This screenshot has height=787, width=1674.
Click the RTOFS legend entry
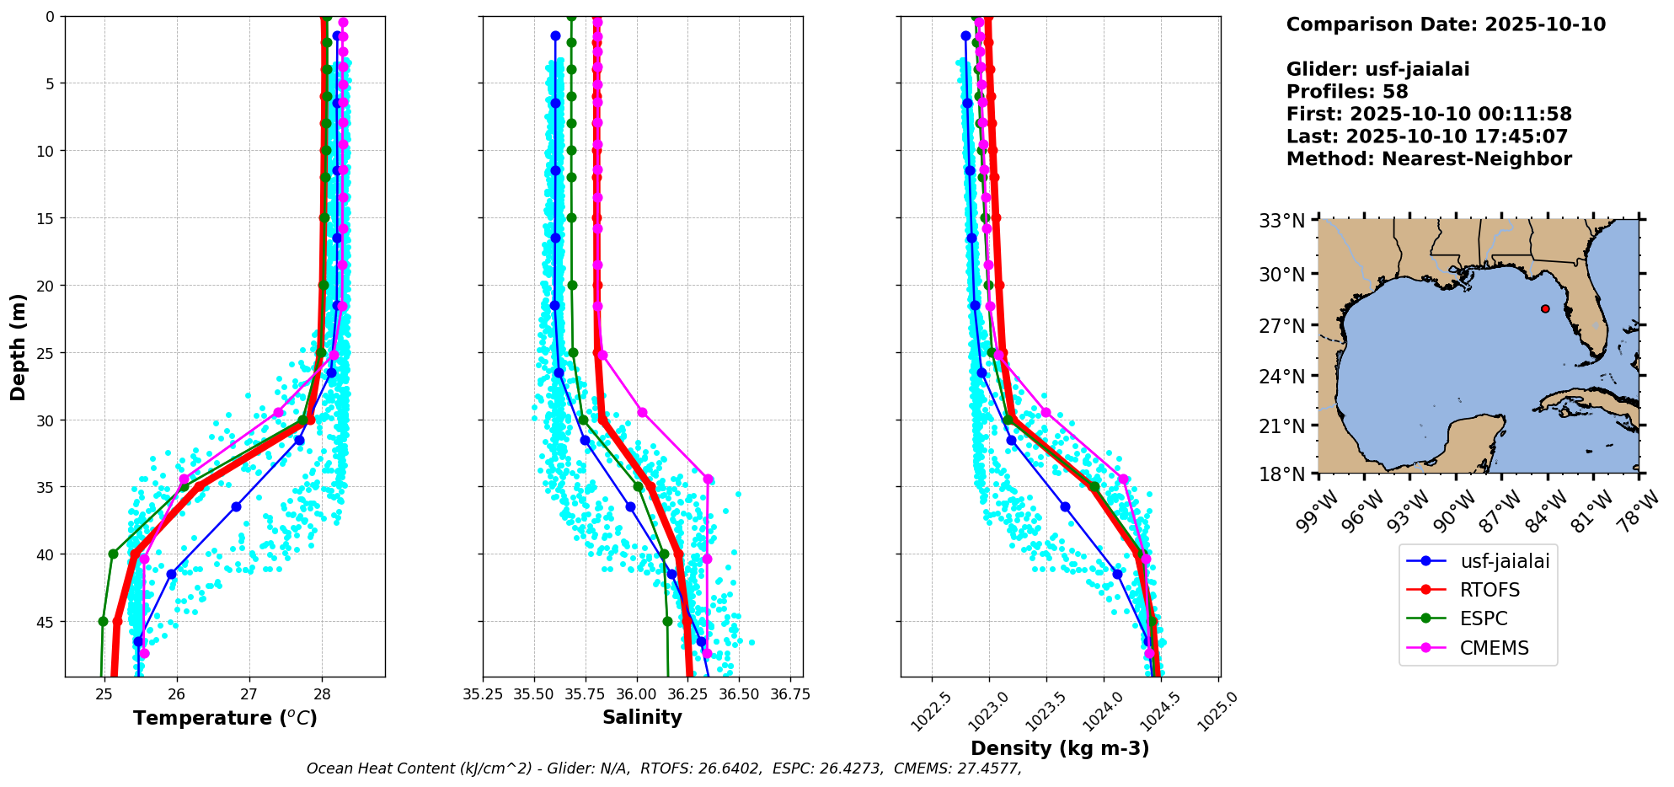tap(1489, 590)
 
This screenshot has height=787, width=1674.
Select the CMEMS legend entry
tap(1493, 648)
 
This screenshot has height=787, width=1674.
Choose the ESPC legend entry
tap(1483, 618)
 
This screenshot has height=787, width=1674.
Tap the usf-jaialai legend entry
tap(1504, 561)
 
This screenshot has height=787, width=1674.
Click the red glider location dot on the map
tap(1545, 308)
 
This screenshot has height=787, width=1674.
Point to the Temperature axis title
tap(225, 718)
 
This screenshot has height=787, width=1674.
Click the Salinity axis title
tap(642, 717)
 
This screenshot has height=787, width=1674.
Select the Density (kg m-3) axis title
tap(1060, 748)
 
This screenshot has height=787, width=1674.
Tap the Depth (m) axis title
tap(18, 347)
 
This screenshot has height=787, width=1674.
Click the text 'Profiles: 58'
tap(1346, 92)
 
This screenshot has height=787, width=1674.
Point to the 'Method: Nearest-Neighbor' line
tap(1428, 159)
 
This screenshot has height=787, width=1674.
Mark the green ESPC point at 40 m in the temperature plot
tap(113, 554)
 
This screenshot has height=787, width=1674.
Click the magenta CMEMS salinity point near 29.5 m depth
tap(642, 412)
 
